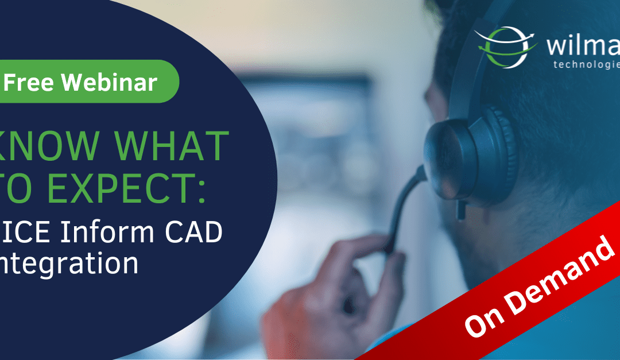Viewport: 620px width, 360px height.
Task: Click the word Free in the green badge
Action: pyautogui.click(x=29, y=82)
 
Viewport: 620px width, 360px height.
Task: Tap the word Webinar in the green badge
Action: pyautogui.click(x=110, y=82)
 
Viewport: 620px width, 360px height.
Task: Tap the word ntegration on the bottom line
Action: pyautogui.click(x=69, y=264)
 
